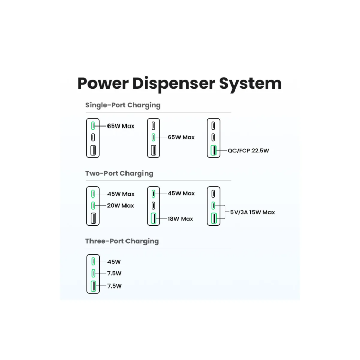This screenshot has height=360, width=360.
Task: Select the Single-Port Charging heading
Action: pos(123,105)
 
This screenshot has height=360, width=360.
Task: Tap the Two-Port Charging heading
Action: pos(119,173)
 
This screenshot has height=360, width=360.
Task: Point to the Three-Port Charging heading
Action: pos(122,241)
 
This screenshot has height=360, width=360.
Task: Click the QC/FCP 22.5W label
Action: pos(249,151)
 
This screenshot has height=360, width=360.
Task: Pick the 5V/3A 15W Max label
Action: pos(252,212)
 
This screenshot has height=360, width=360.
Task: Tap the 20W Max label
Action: pos(120,206)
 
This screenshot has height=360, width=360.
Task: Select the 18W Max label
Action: pos(180,219)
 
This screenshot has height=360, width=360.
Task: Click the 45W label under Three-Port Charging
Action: pos(114,261)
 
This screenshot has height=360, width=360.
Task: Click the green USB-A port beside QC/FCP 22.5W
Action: pos(213,151)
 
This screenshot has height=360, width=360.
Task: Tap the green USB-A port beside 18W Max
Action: pos(153,219)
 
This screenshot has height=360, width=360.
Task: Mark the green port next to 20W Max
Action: pos(93,206)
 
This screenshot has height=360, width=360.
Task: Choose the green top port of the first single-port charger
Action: pos(93,125)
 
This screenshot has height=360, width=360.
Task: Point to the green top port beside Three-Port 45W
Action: pos(93,261)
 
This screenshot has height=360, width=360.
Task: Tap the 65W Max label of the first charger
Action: pos(120,125)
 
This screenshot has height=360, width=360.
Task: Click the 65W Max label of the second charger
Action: pos(181,137)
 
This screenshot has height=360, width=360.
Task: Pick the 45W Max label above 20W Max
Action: pos(120,194)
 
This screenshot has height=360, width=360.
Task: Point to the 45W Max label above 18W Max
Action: pos(181,194)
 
